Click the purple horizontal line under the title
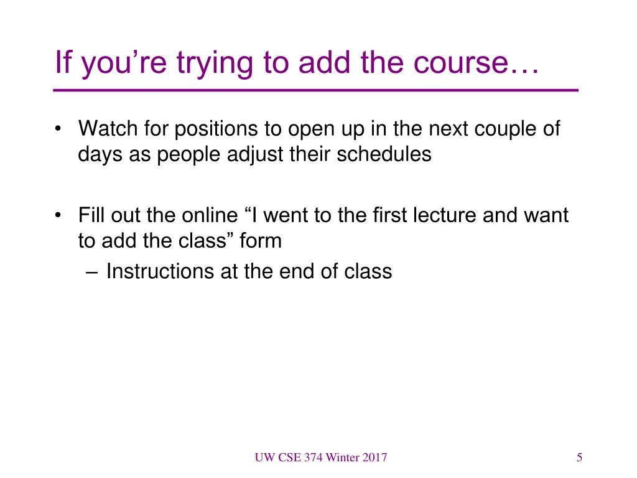[315, 91]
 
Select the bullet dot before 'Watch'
[58, 129]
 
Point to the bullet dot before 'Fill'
[58, 216]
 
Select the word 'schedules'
[384, 154]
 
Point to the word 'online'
[210, 215]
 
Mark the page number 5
[579, 458]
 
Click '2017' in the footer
[374, 458]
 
